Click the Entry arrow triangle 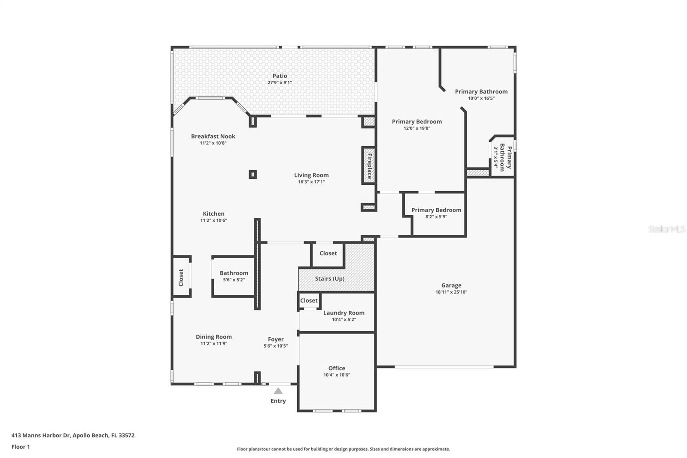[278, 391]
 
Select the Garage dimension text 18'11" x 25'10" [451, 292]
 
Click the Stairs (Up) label [329, 278]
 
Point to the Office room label [337, 368]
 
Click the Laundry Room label [343, 313]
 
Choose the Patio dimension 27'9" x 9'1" [280, 82]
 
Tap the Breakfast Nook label [213, 136]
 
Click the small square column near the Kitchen [253, 174]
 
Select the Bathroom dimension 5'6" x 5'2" [234, 280]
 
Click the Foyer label [276, 339]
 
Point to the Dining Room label [213, 337]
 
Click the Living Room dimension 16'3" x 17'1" [311, 182]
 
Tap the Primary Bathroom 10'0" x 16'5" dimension [481, 98]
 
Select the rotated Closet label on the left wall [181, 278]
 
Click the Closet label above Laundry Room [309, 300]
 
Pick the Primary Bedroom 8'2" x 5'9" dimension [436, 217]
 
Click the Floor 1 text [21, 447]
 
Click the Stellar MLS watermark [666, 229]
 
